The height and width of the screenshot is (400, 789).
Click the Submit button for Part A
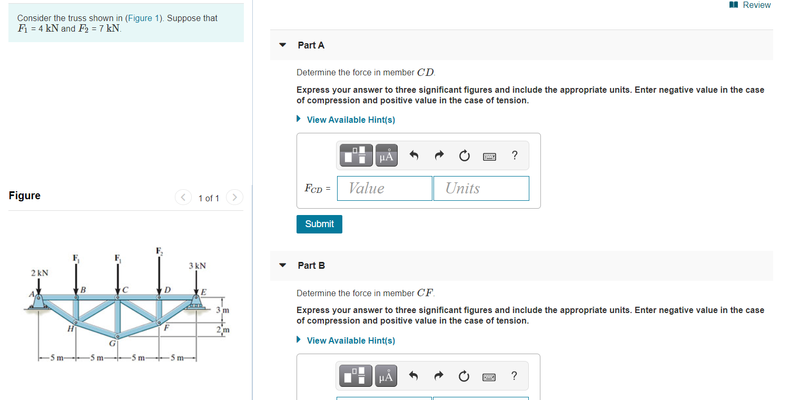coord(319,224)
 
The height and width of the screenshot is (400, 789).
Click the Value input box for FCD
coord(384,189)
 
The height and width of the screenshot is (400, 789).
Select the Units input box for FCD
coord(481,189)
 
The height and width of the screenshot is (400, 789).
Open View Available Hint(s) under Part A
coord(351,120)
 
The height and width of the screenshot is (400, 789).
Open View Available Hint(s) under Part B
coord(351,340)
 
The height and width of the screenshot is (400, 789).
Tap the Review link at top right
coord(750,5)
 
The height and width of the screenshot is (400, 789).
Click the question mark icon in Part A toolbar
coord(515,155)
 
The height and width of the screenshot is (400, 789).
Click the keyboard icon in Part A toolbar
coord(489,157)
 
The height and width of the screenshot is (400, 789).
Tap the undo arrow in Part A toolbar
coord(414,155)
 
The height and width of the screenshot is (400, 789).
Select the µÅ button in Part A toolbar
coord(387,155)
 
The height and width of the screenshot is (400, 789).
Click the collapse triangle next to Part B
coord(282,266)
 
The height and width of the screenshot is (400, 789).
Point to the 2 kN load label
coord(40,273)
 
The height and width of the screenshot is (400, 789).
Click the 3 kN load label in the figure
coord(197,266)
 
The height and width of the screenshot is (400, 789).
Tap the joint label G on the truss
coord(112,343)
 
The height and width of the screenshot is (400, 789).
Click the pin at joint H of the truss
coord(76,322)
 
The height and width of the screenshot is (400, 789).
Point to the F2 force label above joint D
coord(160,251)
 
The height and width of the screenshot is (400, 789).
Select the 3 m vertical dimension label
coord(223,310)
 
